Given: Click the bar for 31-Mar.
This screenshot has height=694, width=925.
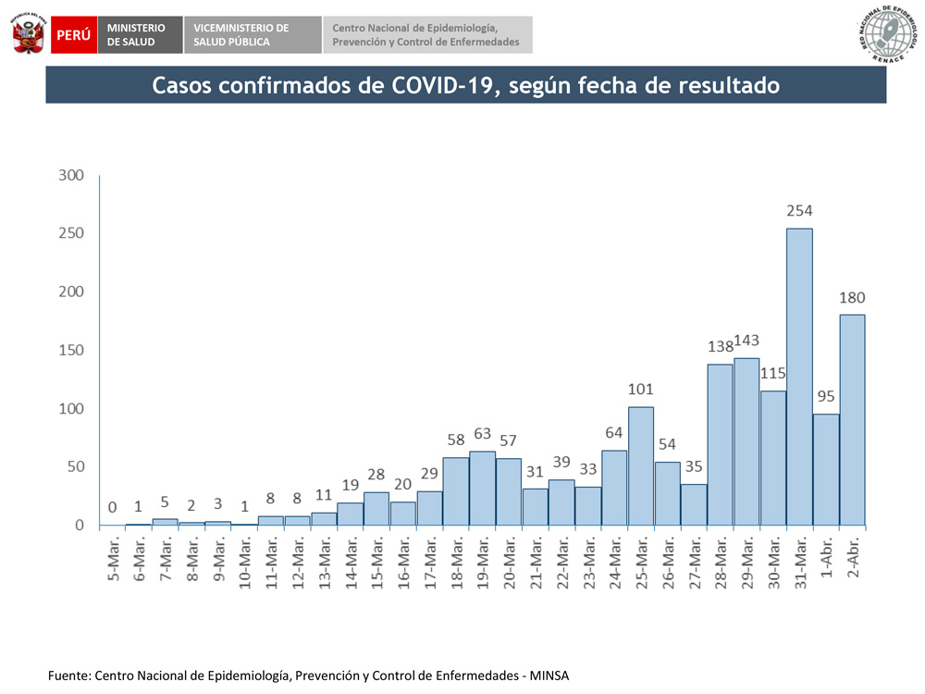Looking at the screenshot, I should [x=799, y=377].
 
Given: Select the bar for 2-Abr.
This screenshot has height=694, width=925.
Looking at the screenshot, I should [x=852, y=420].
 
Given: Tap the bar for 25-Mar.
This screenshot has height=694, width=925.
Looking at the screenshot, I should [x=640, y=466].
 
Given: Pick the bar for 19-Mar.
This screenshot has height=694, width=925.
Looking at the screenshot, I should [x=482, y=489].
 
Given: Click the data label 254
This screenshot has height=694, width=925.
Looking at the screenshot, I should [x=799, y=212].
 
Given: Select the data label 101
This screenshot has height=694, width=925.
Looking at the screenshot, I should [x=640, y=389].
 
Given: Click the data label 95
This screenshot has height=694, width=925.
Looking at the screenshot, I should [x=826, y=396].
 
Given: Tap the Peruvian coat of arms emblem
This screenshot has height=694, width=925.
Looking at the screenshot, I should [x=28, y=35].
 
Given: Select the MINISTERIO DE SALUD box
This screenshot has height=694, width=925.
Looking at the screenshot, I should [x=136, y=35].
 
